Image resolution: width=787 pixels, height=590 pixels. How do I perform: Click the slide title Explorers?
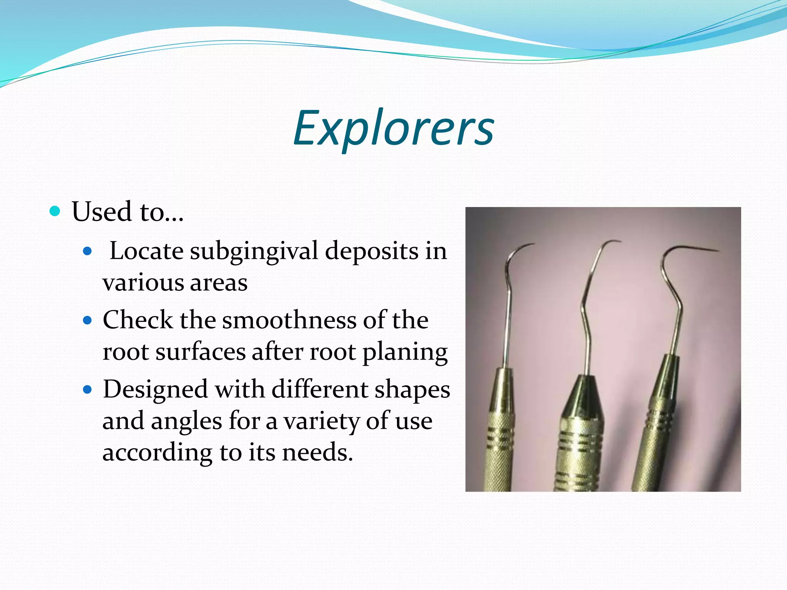click(x=393, y=129)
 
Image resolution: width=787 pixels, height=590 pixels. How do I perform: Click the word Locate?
click(x=146, y=251)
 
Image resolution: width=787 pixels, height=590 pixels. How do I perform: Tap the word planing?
click(x=405, y=352)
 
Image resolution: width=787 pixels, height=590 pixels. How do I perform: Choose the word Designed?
click(x=155, y=389)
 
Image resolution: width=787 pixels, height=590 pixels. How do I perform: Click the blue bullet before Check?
click(x=88, y=320)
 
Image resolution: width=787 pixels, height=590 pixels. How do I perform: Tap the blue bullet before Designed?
click(x=88, y=390)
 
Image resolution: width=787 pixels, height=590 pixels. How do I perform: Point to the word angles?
click(x=186, y=421)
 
